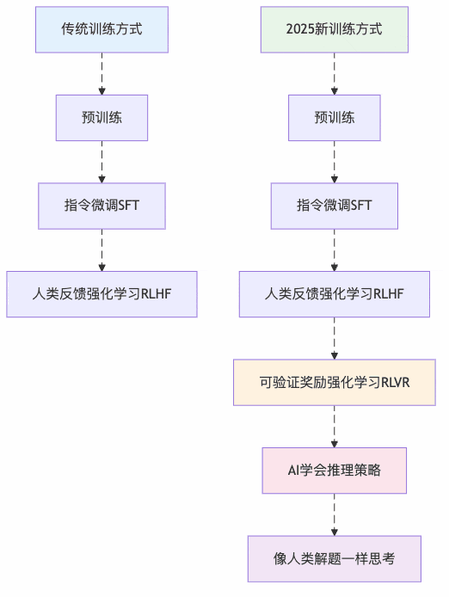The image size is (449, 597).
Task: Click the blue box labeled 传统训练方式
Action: (101, 29)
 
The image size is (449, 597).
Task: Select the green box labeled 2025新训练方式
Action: (334, 29)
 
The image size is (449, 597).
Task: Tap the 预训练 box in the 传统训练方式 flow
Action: (101, 118)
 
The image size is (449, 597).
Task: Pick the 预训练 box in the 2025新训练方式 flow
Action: (334, 118)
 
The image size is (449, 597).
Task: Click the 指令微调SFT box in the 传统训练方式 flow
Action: (101, 206)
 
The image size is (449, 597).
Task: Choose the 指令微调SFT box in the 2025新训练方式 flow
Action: (334, 206)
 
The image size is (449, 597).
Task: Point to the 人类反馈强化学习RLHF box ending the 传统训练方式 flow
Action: (101, 294)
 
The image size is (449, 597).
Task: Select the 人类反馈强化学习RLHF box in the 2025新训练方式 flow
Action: (334, 294)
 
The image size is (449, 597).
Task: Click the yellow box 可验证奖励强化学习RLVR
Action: (334, 383)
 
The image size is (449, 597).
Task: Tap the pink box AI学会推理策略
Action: (334, 471)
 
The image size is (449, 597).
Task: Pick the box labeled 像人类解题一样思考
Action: (334, 559)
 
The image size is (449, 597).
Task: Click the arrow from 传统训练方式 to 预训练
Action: (101, 73)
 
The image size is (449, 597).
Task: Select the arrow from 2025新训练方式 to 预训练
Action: (334, 73)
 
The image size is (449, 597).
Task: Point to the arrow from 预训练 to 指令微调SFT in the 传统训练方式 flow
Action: (101, 162)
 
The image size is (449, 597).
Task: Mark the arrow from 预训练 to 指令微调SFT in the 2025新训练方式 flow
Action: (334, 162)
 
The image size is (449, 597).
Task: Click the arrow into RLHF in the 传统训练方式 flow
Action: (101, 250)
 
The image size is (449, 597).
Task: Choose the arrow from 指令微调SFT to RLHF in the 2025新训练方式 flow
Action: (334, 250)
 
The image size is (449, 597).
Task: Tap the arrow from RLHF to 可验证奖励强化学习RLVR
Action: (334, 338)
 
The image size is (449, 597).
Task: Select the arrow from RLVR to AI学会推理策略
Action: (334, 427)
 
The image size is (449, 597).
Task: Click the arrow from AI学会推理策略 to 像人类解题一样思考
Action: (334, 514)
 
